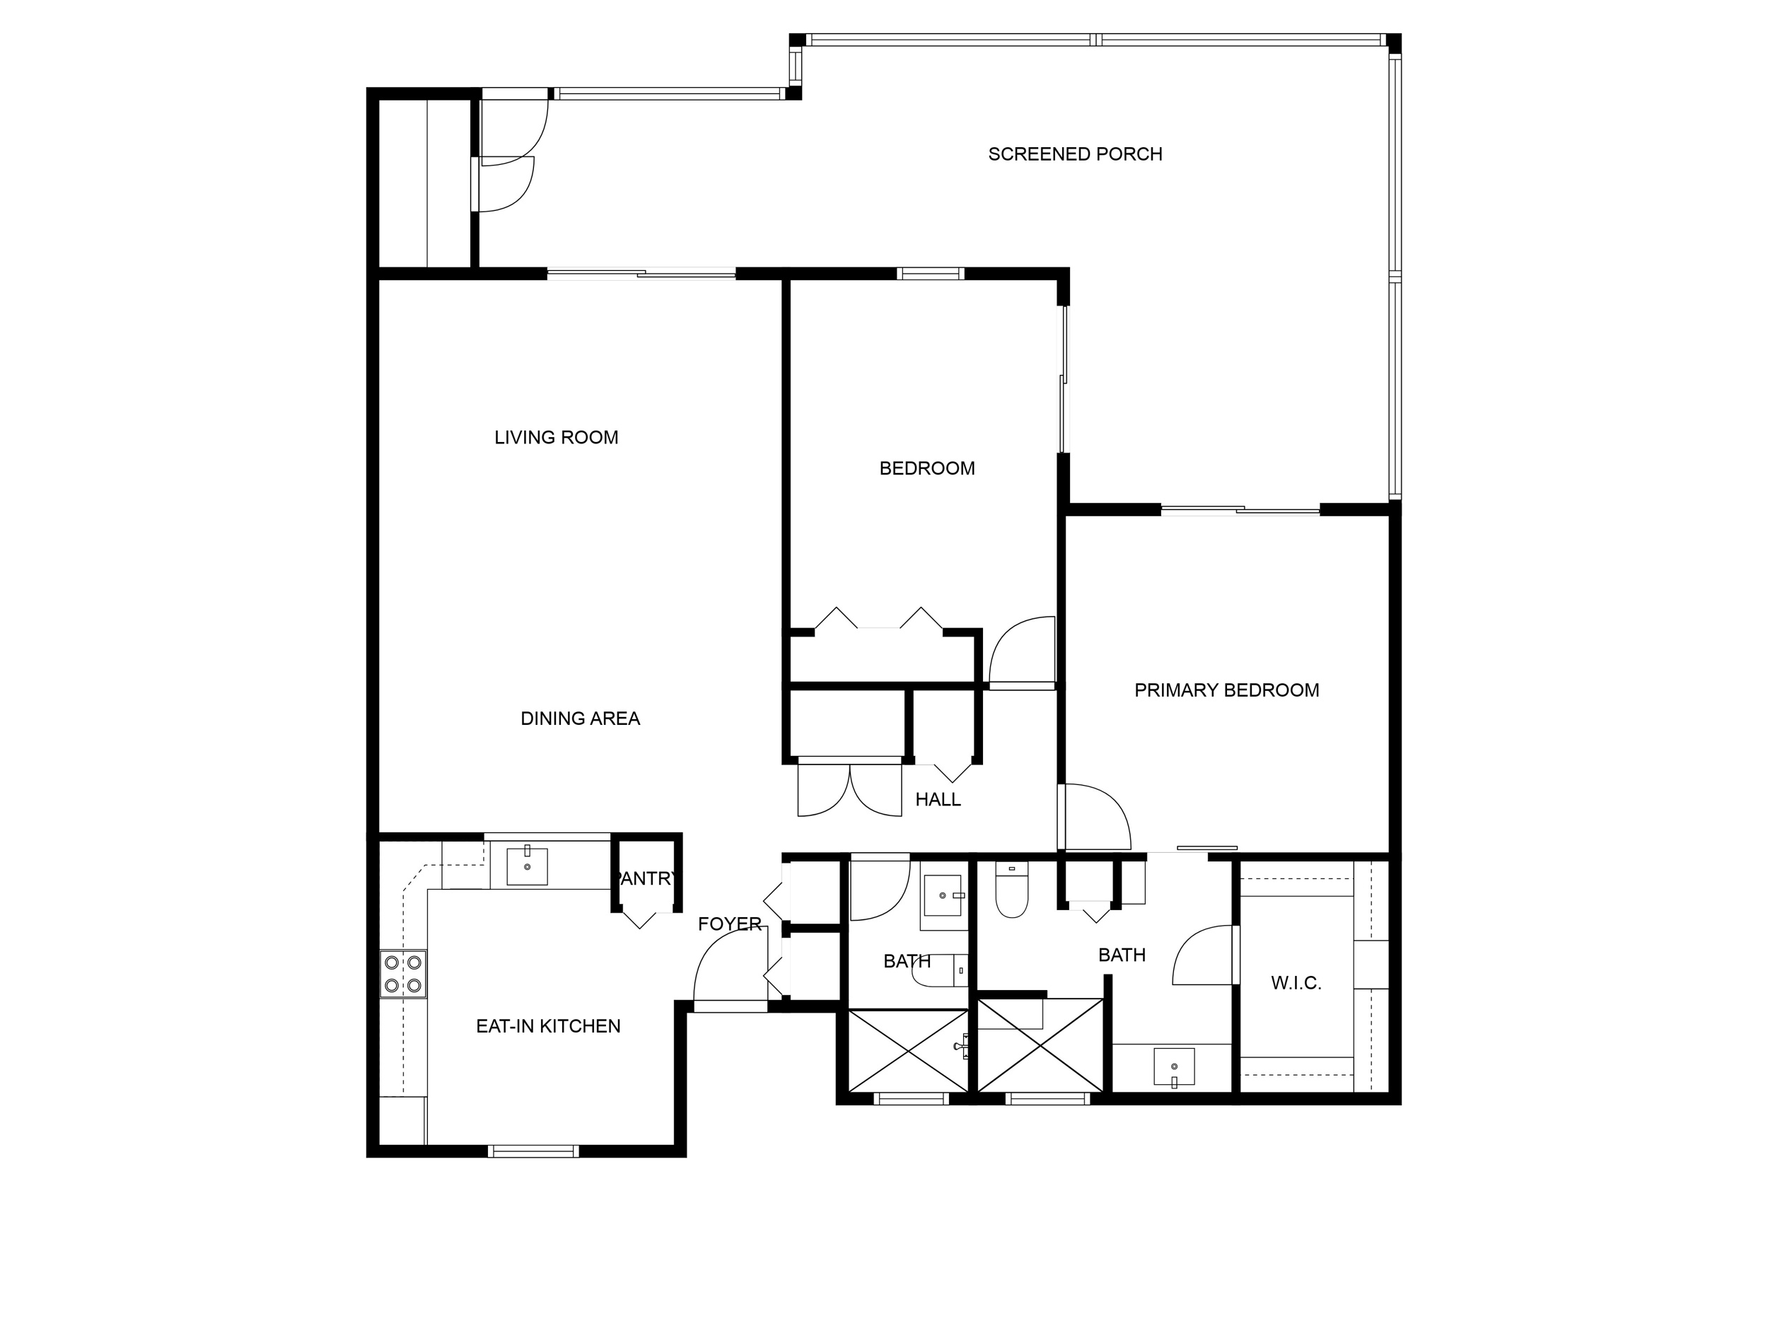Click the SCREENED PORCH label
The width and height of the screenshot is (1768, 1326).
tap(1075, 154)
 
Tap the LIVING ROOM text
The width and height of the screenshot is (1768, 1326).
tap(557, 438)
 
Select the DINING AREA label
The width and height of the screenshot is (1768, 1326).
tap(581, 719)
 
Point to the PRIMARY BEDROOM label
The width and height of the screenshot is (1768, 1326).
tap(1227, 690)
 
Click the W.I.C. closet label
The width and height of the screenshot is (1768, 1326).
tap(1296, 984)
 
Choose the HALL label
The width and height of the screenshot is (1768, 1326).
tap(938, 799)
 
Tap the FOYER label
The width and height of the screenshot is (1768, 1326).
tap(729, 924)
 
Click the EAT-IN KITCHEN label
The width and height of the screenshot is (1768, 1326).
tap(548, 1026)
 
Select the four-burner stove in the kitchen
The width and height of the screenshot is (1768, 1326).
tap(403, 975)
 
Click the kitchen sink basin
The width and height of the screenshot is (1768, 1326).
tap(528, 866)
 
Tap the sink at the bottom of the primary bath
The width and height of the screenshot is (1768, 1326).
tap(1174, 1067)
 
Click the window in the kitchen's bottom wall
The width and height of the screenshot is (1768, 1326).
tap(533, 1151)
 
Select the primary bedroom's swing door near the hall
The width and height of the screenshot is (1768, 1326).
tap(1094, 817)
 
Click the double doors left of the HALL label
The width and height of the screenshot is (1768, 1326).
tap(849, 790)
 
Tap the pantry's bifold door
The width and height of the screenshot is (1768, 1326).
tap(639, 920)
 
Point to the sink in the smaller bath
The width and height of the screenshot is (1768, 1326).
tap(943, 896)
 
